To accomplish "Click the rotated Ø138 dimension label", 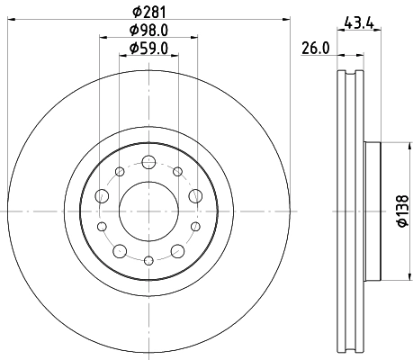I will pos(402,211).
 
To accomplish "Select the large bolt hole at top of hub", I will pos(148,162).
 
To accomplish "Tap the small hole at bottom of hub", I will pos(148,260).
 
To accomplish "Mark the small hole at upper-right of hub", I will pos(177,171).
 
